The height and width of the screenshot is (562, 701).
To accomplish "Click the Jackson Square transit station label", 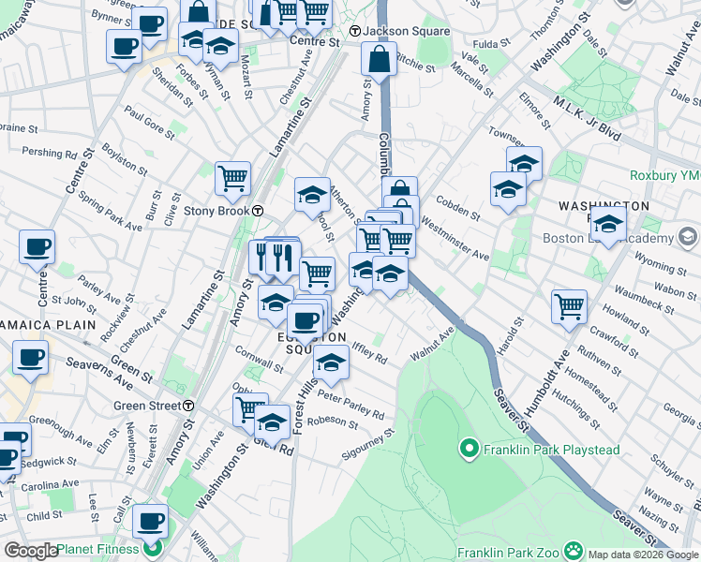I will tap(400, 31).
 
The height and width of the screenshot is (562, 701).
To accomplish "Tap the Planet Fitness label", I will tap(97, 550).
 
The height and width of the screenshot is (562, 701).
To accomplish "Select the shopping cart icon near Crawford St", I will tap(569, 305).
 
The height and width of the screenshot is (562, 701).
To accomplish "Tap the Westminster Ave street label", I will tap(455, 240).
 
